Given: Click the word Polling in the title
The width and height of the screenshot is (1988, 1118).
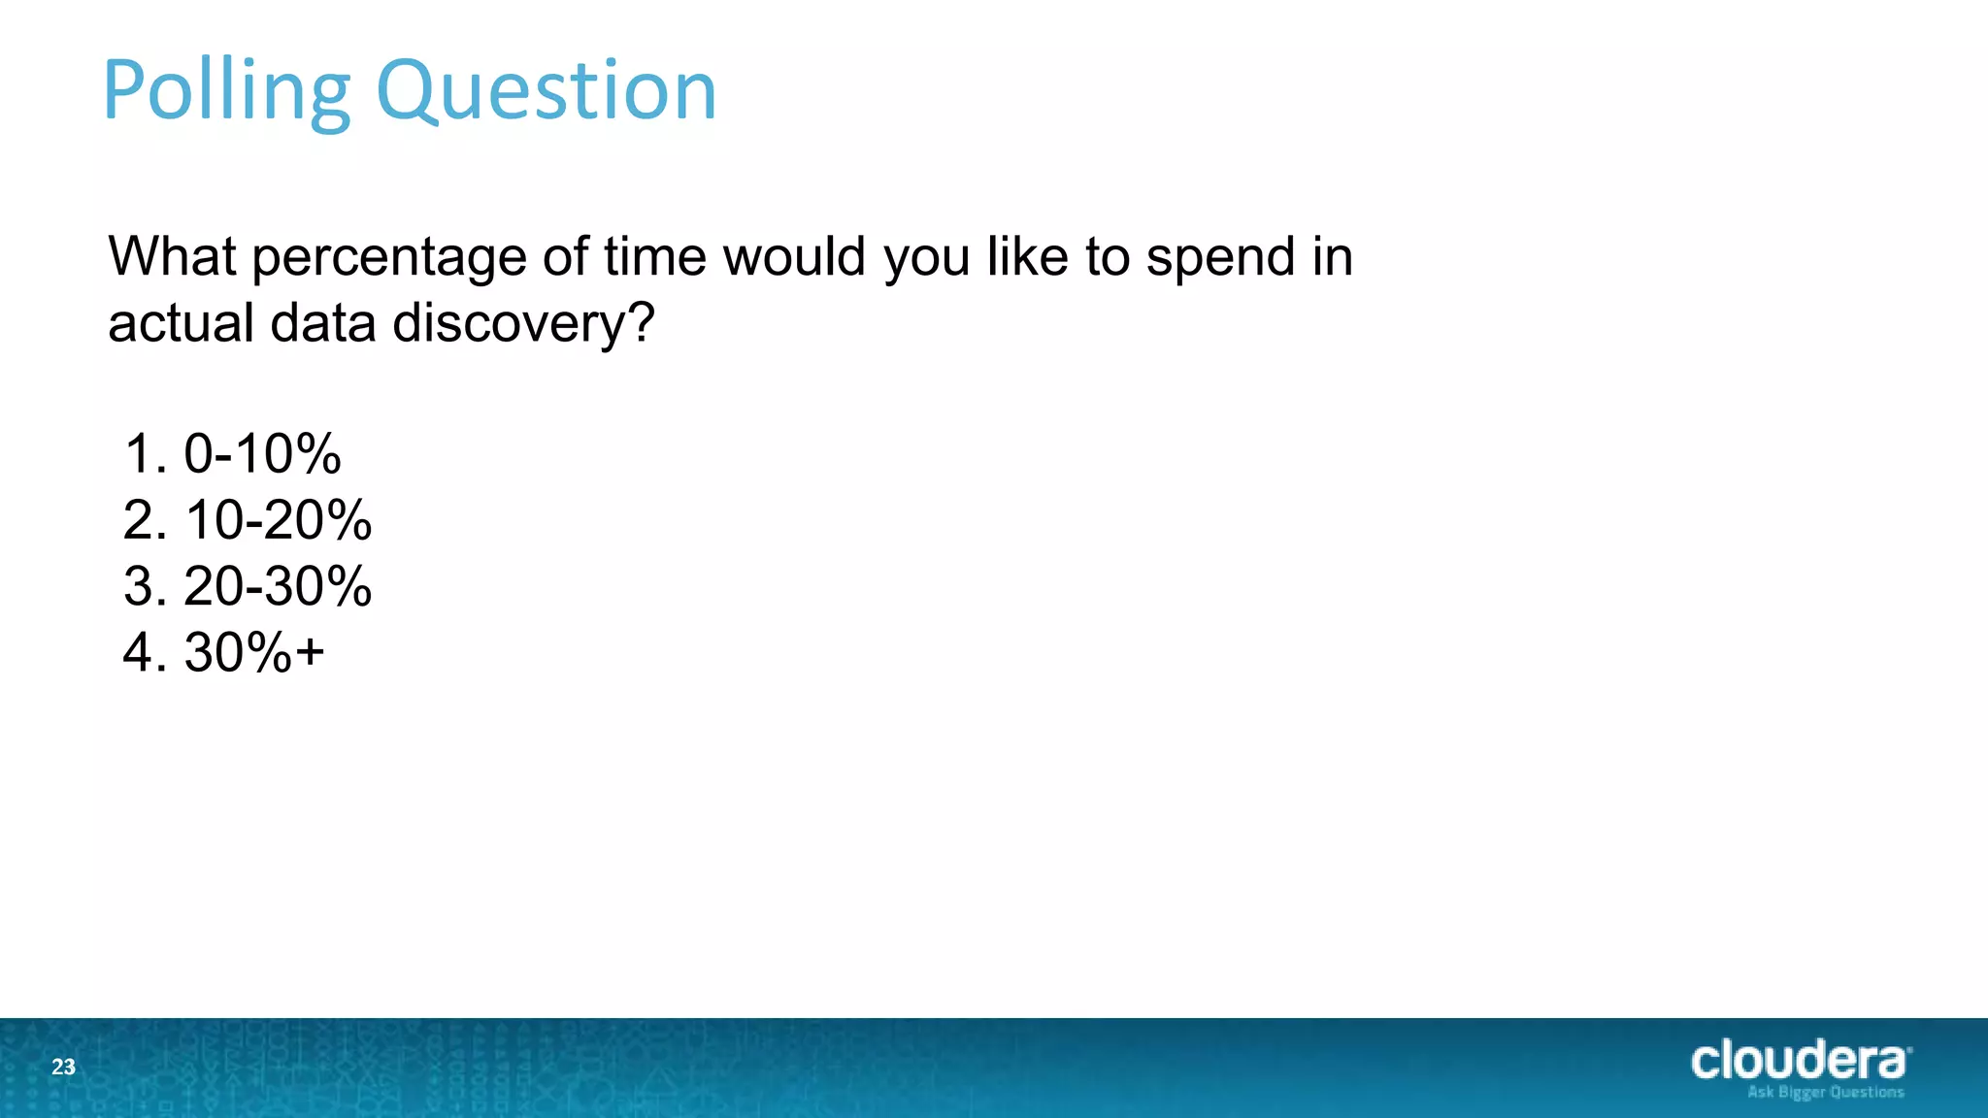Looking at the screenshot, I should [225, 92].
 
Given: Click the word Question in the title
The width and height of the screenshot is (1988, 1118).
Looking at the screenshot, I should [546, 92].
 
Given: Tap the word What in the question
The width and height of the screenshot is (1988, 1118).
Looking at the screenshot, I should [172, 257].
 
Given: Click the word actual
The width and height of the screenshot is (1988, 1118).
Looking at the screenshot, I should [181, 323].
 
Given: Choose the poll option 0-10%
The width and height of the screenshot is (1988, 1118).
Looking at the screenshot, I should [262, 454].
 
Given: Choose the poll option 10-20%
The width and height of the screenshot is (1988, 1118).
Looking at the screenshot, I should [278, 520].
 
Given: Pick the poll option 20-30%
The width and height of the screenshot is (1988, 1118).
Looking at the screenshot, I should [278, 586].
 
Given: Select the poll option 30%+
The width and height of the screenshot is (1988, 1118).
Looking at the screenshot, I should [254, 652].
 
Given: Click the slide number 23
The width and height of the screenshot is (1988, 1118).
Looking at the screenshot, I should [63, 1068].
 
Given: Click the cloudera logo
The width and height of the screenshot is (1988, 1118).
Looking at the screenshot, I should [1799, 1061].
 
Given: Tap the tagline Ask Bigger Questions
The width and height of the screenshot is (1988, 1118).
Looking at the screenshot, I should [1825, 1093].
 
